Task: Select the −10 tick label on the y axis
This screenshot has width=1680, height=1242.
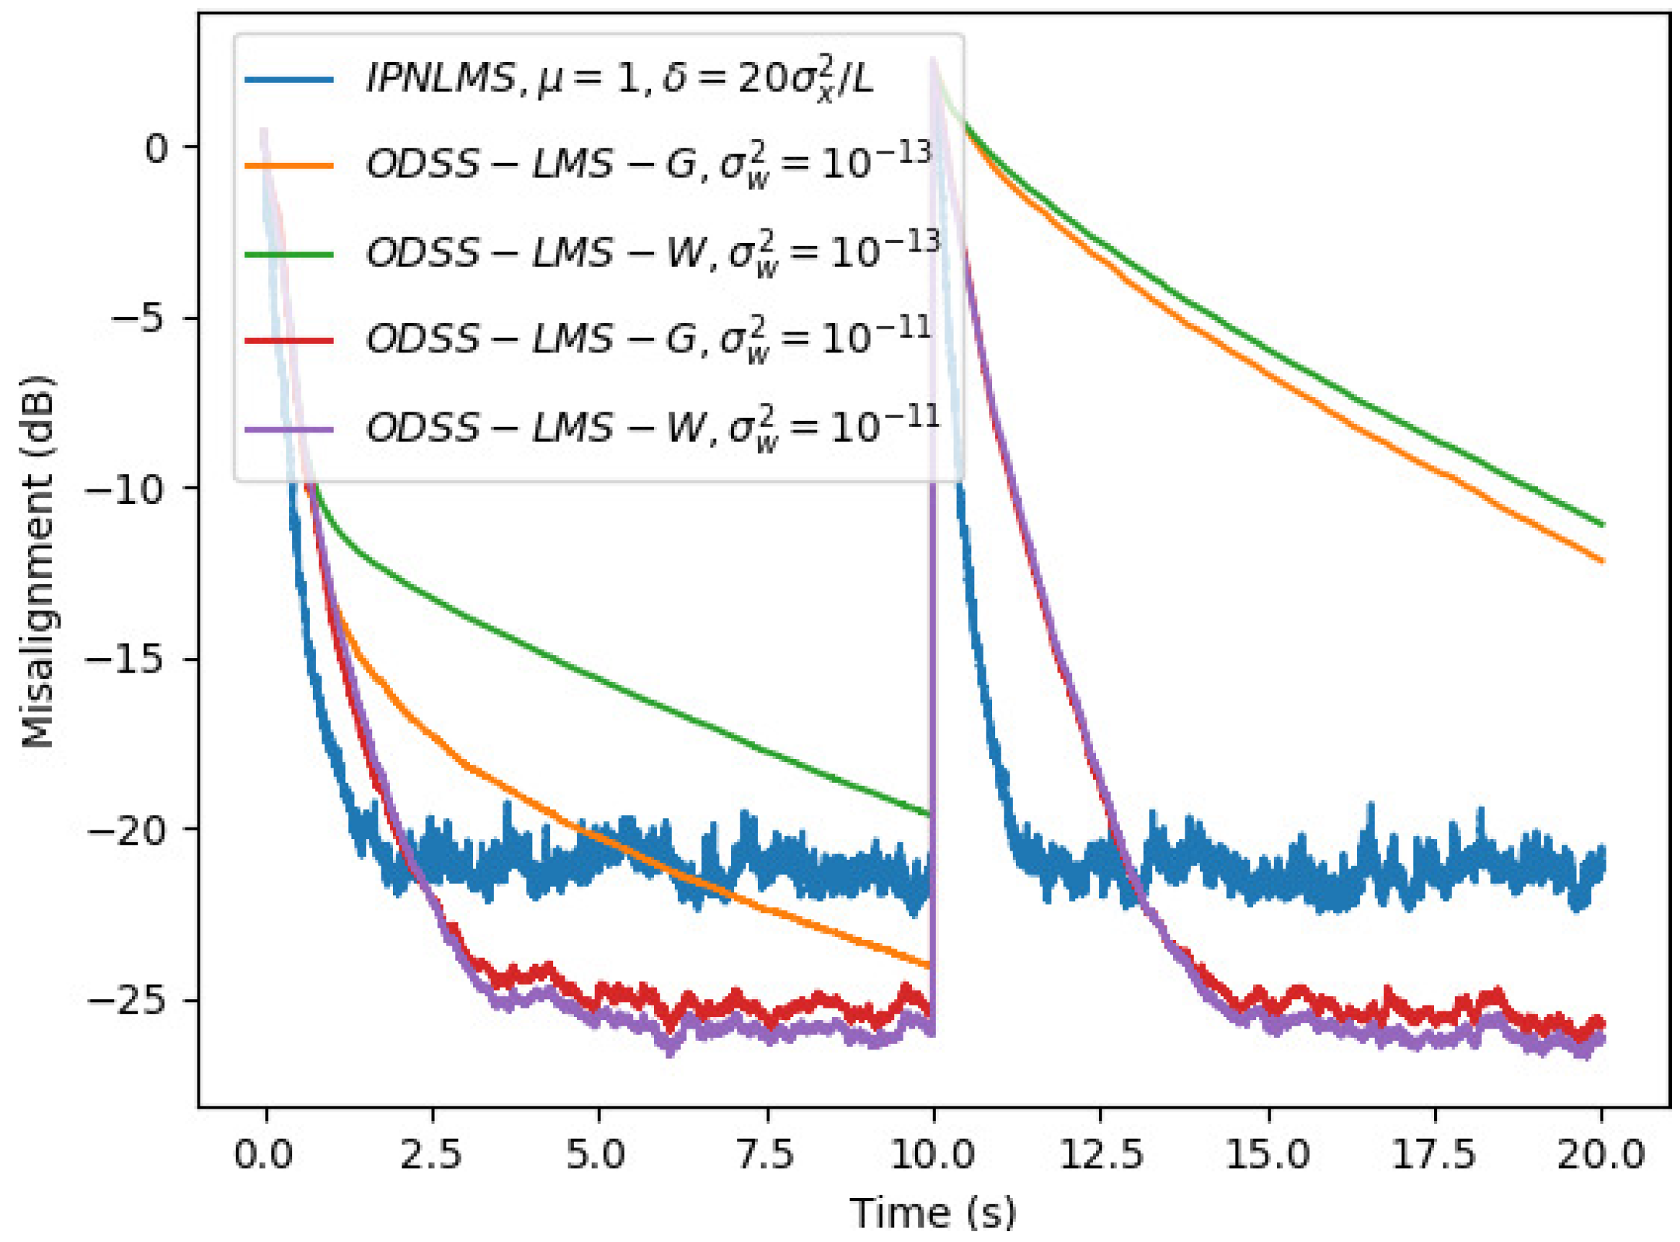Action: coord(124,489)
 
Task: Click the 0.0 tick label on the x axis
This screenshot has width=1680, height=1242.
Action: coord(264,1154)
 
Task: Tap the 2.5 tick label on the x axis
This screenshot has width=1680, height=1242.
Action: coord(431,1154)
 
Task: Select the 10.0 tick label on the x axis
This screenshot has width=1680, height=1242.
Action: coord(932,1154)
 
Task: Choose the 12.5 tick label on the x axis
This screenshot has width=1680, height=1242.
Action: coord(1100,1154)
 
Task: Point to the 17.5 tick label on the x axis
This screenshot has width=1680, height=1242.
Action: coord(1435,1154)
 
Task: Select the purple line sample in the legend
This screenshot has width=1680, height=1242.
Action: coord(290,430)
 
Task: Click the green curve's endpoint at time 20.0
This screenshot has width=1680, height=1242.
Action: coord(1603,524)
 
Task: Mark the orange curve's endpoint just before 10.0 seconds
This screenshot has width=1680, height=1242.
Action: coord(929,965)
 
